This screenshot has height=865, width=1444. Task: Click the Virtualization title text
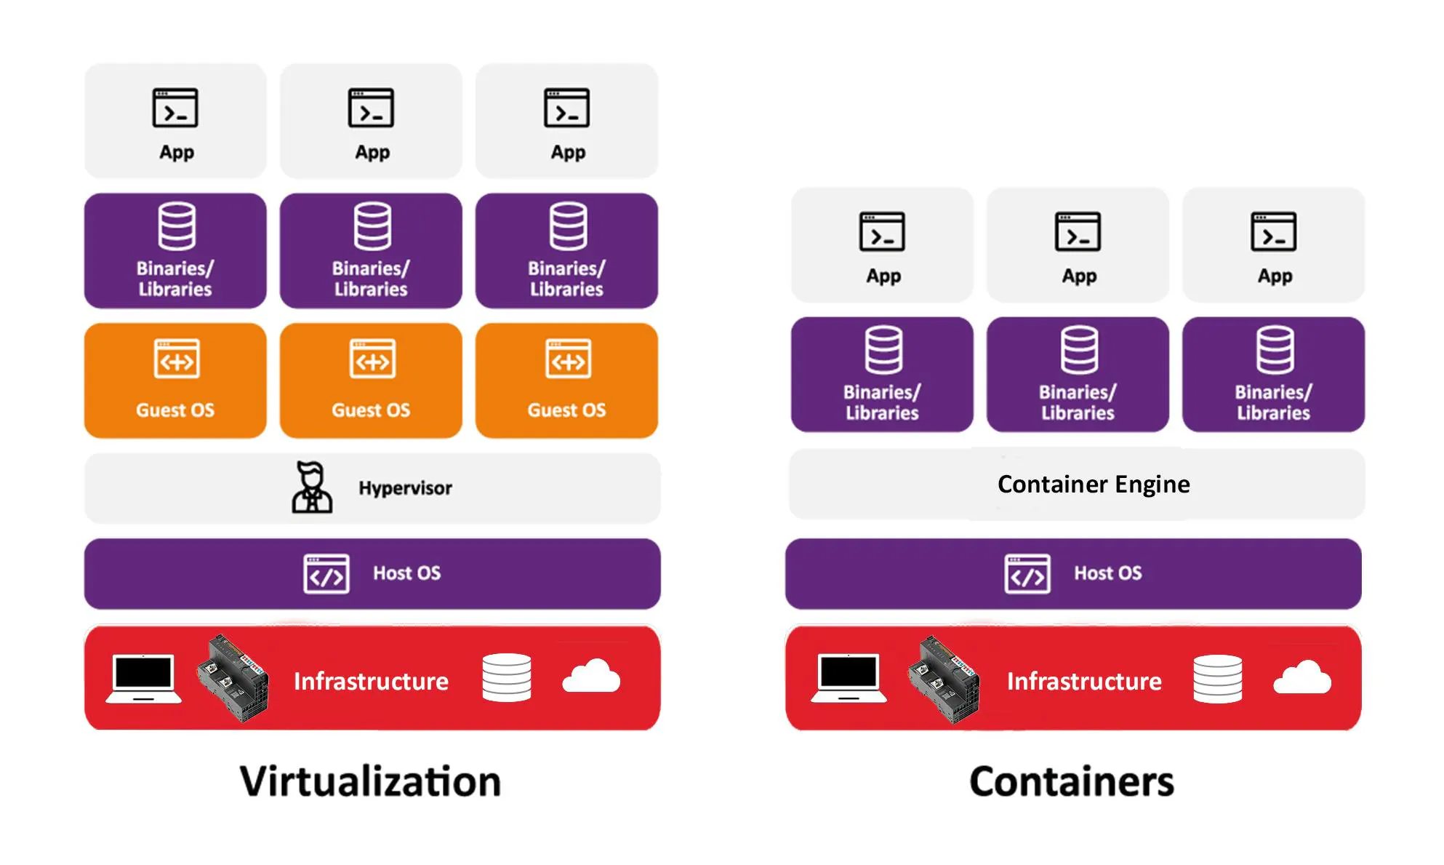370,781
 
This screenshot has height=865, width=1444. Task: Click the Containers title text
1071,781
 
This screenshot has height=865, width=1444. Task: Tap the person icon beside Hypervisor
312,487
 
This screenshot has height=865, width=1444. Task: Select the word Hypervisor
405,488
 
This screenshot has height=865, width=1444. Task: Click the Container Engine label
1093,484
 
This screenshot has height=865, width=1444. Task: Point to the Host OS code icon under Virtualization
326,574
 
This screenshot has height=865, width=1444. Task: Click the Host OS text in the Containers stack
1107,573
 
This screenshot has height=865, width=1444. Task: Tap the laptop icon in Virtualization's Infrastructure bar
144,678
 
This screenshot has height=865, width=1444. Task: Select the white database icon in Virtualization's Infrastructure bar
506,677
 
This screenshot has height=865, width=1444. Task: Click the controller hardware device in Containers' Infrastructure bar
944,679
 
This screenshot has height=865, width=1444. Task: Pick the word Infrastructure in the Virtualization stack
371,682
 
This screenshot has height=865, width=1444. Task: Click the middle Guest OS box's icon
372,359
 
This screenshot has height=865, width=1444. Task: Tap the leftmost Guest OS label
175,410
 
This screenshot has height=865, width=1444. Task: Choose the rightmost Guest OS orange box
566,381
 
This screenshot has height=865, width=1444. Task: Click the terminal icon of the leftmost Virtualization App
175,108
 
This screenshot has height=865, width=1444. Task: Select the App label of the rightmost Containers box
1275,276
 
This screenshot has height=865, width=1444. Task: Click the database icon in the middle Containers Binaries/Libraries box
1078,350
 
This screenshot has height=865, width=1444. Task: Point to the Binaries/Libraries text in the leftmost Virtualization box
175,279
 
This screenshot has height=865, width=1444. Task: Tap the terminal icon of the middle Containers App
1078,232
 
